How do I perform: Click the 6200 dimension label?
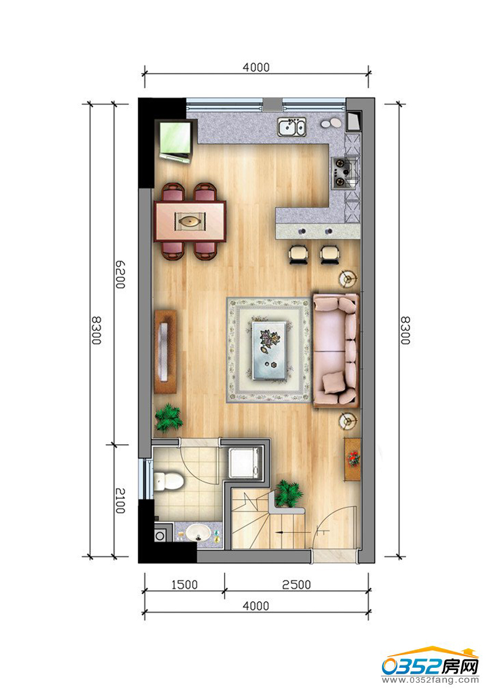coord(120,275)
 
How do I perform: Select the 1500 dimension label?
coord(185,584)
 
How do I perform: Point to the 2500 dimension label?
coord(296,584)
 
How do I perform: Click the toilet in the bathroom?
coord(168,480)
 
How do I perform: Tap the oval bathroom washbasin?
coord(198,532)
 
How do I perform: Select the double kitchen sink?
coord(292,127)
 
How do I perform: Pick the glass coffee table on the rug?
coord(269,350)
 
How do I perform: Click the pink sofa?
coord(336,350)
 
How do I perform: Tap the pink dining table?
coord(190,221)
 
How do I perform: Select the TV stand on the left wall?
coord(166,352)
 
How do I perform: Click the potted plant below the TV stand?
coord(168,418)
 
